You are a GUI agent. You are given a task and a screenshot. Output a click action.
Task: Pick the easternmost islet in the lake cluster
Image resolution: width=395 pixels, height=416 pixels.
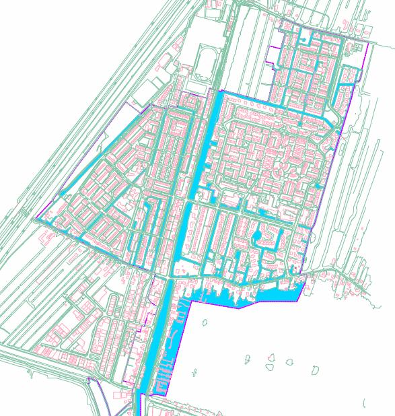pyautogui.click(x=315, y=370)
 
